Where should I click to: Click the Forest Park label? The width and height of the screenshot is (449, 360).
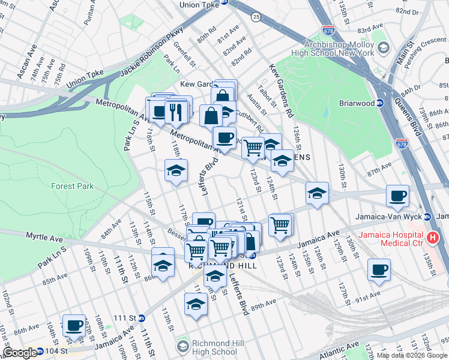71,186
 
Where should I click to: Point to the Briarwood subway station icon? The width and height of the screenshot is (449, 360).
380,103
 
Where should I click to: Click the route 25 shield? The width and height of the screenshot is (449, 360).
256,16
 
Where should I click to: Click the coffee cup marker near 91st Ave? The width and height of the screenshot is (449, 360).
378,270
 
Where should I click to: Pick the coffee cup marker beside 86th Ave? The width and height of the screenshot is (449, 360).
74,325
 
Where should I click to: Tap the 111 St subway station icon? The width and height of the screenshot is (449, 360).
142,317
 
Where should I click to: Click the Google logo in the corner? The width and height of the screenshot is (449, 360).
20,353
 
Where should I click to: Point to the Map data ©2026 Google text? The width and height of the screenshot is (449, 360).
411,355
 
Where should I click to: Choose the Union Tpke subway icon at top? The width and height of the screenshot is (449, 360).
225,2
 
